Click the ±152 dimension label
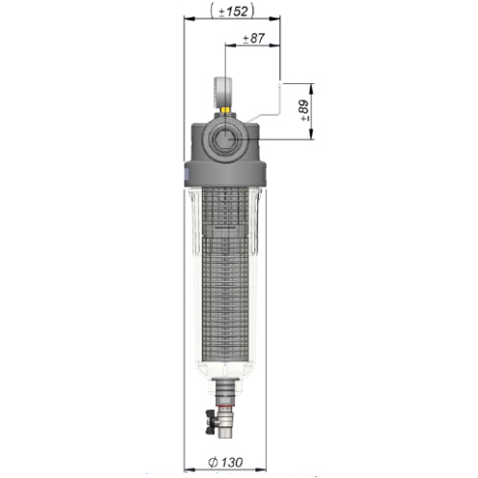232,11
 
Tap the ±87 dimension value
253,38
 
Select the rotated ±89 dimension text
304,111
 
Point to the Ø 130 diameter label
226,462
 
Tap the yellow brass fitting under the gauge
226,110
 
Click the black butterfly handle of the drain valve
211,424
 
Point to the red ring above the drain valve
226,407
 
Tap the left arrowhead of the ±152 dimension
189,19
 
